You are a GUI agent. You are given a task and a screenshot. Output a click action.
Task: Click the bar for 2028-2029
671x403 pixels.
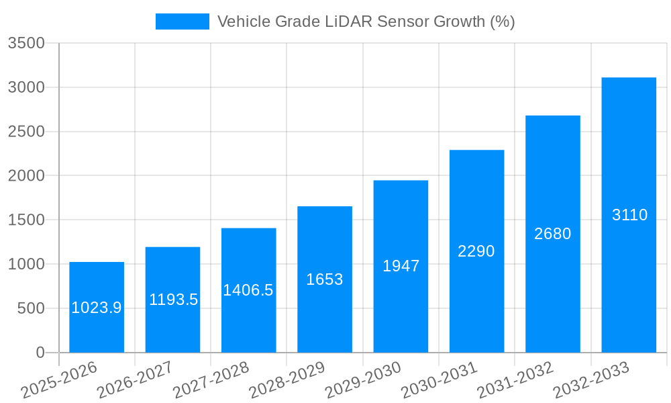pyautogui.click(x=325, y=316)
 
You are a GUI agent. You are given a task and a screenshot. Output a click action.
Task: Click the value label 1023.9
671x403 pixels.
pyautogui.click(x=97, y=308)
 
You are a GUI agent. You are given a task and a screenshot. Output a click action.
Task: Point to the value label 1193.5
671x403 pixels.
pyautogui.click(x=173, y=300)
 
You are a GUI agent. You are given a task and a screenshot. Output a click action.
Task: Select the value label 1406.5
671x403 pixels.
pyautogui.click(x=248, y=290)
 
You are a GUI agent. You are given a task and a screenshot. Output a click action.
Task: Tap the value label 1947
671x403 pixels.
pyautogui.click(x=401, y=266)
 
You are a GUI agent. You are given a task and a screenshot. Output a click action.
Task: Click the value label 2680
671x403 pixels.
pyautogui.click(x=552, y=234)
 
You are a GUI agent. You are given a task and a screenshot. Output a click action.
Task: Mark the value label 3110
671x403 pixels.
pyautogui.click(x=629, y=215)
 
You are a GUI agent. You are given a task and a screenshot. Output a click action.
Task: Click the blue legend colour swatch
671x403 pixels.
pyautogui.click(x=182, y=21)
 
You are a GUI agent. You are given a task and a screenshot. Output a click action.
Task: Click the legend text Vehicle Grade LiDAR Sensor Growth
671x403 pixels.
pyautogui.click(x=366, y=21)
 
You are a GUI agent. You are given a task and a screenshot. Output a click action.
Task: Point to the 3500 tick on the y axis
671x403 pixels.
pyautogui.click(x=26, y=44)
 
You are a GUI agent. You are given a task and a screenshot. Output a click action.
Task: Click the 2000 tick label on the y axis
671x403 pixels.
pyautogui.click(x=26, y=176)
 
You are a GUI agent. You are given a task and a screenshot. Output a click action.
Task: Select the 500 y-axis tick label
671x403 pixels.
pyautogui.click(x=31, y=308)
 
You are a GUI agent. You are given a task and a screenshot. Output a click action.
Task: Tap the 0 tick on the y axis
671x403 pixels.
pyautogui.click(x=40, y=353)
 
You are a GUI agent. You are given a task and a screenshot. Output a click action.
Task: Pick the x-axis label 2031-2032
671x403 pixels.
pyautogui.click(x=515, y=379)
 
